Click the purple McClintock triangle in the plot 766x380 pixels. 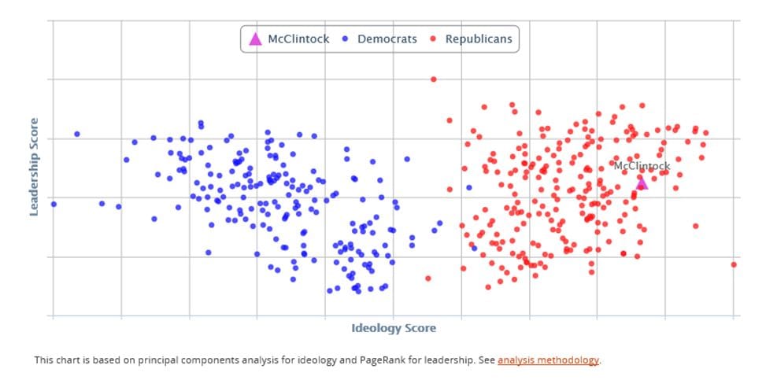click(642, 183)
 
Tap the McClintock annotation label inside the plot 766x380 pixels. click(642, 166)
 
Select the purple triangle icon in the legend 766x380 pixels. click(254, 39)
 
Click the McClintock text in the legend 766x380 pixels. click(298, 39)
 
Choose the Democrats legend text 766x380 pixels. click(387, 39)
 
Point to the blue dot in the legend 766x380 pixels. click(346, 39)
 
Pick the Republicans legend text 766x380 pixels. click(479, 39)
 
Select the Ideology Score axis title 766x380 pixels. click(393, 328)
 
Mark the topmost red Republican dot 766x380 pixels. click(433, 79)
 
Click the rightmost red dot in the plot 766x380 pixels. click(733, 264)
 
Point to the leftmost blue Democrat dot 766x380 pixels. click(54, 204)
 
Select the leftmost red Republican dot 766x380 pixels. click(428, 278)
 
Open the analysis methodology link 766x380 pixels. click(548, 360)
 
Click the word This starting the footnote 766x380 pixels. click(43, 360)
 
